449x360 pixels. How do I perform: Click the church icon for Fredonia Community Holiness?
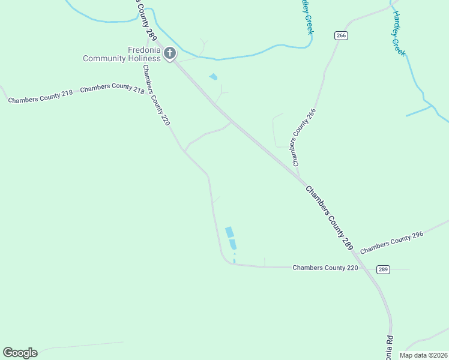170,54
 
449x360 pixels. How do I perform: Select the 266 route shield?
341,35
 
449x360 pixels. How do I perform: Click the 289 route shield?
384,269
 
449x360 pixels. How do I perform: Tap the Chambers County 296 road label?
392,241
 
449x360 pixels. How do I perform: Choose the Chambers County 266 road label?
303,137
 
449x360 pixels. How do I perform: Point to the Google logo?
20,353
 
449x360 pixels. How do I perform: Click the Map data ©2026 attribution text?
423,355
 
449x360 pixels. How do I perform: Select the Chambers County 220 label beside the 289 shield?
325,268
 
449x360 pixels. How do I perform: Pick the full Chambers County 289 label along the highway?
330,218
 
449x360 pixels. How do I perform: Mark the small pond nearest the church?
213,77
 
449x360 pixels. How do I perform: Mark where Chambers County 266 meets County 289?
300,178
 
